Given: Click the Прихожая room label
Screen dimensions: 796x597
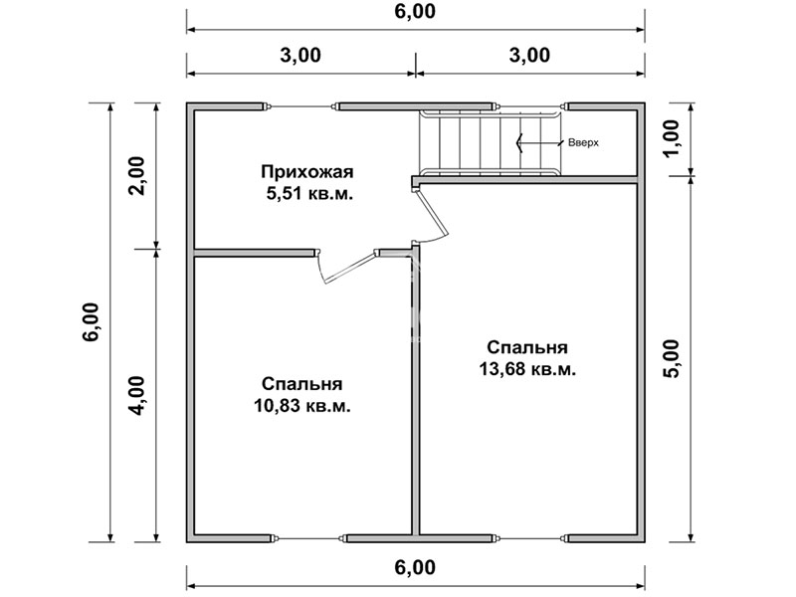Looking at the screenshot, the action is [307, 172].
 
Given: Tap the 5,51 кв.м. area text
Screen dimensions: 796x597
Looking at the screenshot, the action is [309, 194].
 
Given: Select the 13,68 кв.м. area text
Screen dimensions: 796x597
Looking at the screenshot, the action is [527, 369].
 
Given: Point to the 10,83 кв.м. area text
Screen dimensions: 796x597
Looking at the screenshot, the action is [302, 406].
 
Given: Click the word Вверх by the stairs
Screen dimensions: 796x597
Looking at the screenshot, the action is [583, 142].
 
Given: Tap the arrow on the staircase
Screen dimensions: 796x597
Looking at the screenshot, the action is [539, 142].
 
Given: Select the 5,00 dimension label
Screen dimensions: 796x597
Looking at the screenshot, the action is [671, 358].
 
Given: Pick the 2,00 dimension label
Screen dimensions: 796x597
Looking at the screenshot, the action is [136, 176].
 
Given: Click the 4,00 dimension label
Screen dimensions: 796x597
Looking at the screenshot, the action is [136, 395].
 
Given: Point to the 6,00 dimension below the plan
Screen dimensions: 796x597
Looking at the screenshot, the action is [415, 567].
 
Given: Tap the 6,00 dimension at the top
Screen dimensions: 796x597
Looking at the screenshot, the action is [415, 11].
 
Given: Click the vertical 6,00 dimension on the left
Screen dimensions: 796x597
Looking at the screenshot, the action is [92, 322].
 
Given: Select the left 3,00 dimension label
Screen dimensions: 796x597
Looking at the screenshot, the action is [300, 55].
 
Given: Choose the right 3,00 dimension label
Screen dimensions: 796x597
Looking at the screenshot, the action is [529, 55].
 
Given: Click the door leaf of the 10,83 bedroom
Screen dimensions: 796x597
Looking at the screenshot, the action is [350, 268].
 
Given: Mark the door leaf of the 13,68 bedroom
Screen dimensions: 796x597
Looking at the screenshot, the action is [433, 213].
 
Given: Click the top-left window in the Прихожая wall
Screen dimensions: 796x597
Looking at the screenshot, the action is [301, 106].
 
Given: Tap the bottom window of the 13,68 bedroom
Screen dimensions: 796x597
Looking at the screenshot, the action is [530, 538].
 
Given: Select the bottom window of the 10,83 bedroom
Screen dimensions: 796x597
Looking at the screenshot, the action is [307, 538].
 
